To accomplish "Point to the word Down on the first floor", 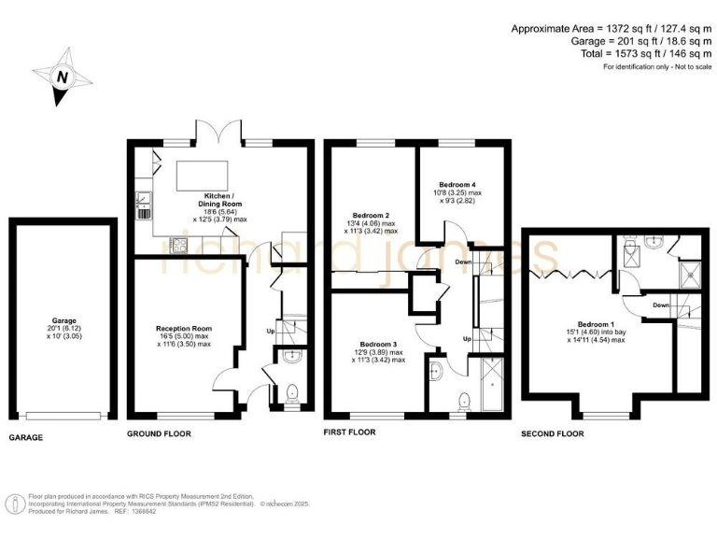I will pyautogui.click(x=464, y=262).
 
